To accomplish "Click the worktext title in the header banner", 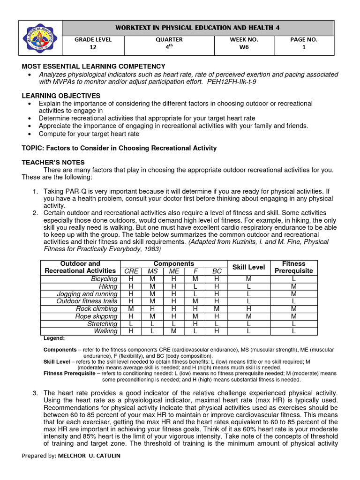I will click(198, 28).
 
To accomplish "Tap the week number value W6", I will click(244, 47).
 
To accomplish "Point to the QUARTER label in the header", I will click(169, 40).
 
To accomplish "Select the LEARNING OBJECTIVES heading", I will click(61, 96).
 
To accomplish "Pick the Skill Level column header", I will click(249, 267).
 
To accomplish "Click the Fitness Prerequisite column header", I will click(294, 267).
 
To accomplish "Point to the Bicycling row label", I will click(104, 279).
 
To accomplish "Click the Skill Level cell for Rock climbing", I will click(249, 309).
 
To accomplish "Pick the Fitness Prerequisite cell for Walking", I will click(294, 331).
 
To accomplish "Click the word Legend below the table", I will click(54, 338).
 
